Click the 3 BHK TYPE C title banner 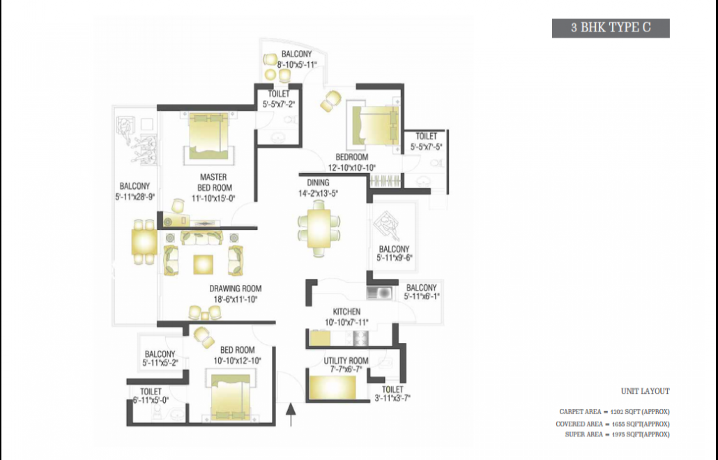coord(611,28)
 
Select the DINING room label coord(318,183)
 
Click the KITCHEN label coord(346,312)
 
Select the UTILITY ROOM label coord(346,360)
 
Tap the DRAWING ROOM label coord(236,289)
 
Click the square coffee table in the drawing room coord(203,265)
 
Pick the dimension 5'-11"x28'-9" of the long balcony coord(135,197)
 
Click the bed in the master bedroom coord(209,136)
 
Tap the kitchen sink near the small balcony coord(379,293)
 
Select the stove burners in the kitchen coord(360,338)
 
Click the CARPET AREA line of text coord(614,412)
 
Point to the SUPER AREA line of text coord(617,434)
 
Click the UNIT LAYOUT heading coord(646,391)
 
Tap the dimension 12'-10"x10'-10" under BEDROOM coord(351,167)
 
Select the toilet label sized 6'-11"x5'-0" coord(151,396)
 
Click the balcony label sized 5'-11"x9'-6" coord(395,254)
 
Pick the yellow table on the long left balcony coord(144,242)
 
